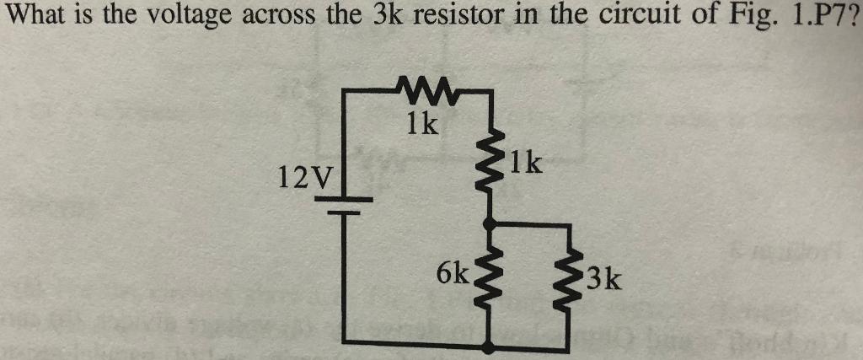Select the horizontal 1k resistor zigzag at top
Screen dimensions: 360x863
coord(429,88)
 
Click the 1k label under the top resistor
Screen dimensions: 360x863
coord(422,125)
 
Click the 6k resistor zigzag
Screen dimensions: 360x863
coord(489,275)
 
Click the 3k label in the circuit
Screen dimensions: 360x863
coord(603,277)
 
